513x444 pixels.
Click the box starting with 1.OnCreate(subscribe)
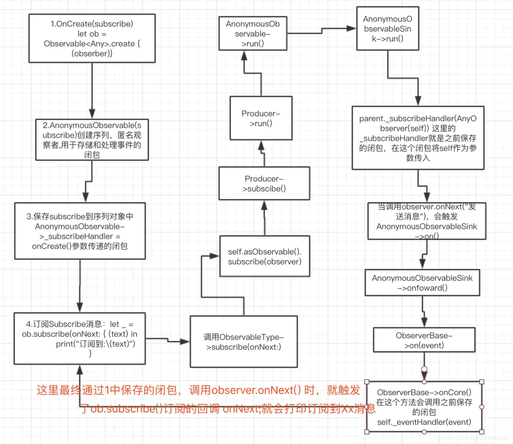[x=92, y=38]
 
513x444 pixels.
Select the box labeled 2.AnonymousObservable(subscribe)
[x=92, y=140]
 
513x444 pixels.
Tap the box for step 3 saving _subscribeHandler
[x=80, y=231]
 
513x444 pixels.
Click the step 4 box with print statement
[x=79, y=338]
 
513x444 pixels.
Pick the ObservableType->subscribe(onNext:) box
[x=244, y=342]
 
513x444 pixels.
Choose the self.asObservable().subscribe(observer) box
[x=264, y=257]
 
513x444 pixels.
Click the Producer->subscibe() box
[x=264, y=184]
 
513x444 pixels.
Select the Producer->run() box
[x=261, y=118]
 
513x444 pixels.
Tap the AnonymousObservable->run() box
[x=253, y=34]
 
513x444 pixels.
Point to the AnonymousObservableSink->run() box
[x=388, y=29]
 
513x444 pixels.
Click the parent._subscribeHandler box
[x=418, y=138]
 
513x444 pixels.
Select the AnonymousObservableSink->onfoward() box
[x=422, y=283]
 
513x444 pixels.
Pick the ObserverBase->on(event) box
[x=424, y=340]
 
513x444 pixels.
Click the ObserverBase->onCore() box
[x=424, y=407]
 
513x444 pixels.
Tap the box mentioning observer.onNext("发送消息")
[x=427, y=221]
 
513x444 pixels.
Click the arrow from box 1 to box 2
[x=92, y=91]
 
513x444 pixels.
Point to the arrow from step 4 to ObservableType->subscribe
[x=168, y=340]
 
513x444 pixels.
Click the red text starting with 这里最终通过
[x=199, y=390]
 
